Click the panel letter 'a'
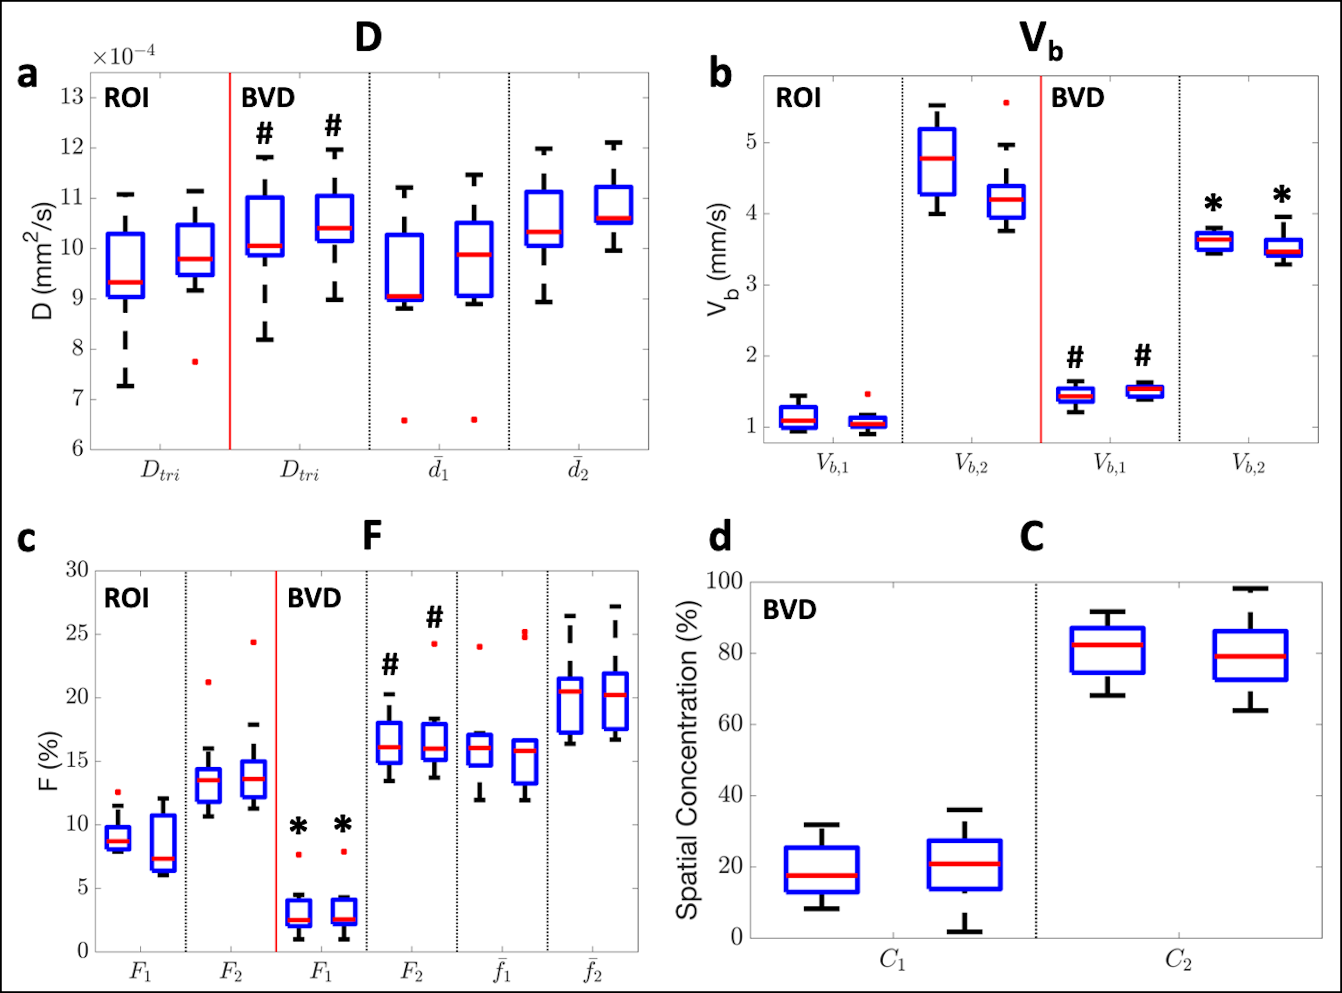27,76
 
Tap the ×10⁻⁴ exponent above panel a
123,56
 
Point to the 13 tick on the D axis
72,97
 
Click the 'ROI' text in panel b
798,98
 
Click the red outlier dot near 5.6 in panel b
1006,103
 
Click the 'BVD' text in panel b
1077,98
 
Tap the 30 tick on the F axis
77,569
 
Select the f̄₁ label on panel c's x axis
502,971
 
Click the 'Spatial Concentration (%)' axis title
687,760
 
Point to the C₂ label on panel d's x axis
1178,960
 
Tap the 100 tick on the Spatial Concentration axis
724,581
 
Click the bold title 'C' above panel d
1032,537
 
